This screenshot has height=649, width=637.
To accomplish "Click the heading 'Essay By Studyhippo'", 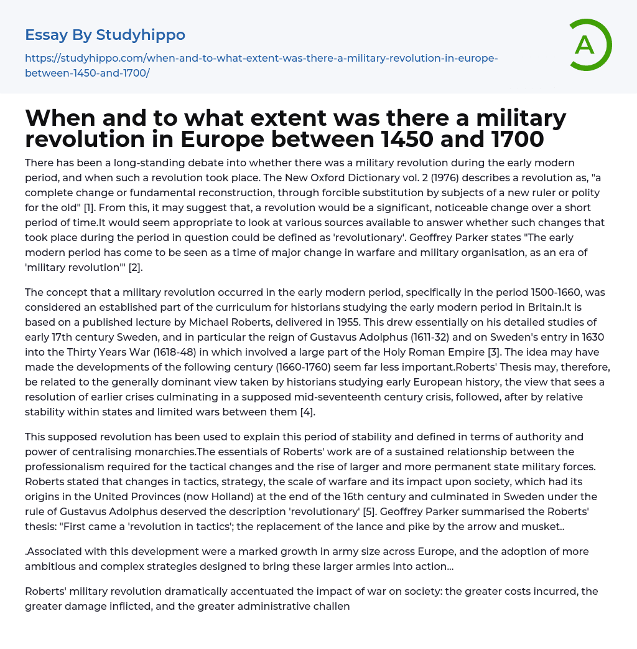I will pos(105,34).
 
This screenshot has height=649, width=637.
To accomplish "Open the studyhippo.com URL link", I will pos(261,65).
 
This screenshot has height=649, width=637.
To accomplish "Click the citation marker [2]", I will pos(136,267).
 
